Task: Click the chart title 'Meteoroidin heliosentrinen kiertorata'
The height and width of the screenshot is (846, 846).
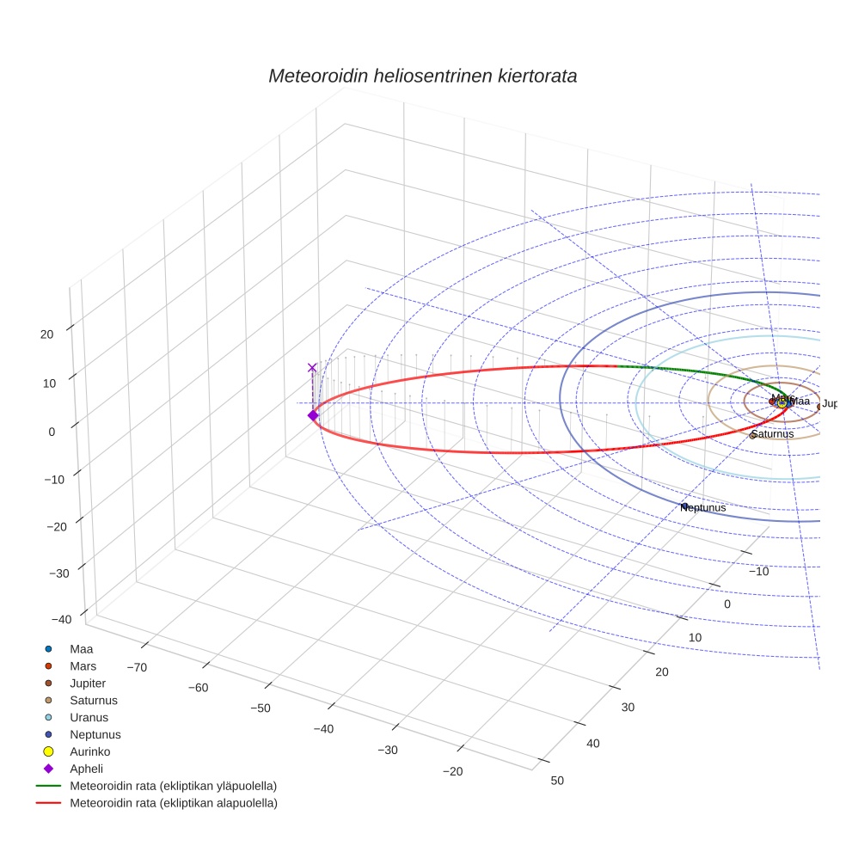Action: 422,76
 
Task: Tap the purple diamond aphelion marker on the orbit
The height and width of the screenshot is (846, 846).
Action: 312,415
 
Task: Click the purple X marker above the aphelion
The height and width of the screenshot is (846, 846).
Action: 312,367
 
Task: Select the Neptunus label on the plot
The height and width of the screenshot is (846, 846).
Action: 703,507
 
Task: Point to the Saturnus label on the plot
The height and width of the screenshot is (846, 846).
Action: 772,434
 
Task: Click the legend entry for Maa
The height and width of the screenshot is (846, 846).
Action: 81,648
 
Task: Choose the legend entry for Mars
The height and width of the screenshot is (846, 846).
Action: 83,665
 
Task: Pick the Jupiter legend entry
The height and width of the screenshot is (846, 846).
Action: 88,683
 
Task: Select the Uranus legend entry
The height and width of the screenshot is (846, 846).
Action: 89,717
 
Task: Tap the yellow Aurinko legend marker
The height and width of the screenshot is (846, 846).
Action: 48,751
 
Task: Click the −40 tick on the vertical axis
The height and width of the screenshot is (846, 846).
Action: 61,619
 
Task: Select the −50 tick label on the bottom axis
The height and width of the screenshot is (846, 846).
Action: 261,708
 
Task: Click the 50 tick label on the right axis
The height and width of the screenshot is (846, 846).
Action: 557,780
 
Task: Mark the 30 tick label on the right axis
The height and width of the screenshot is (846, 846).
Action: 628,707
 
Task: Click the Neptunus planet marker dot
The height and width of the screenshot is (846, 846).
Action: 685,505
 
